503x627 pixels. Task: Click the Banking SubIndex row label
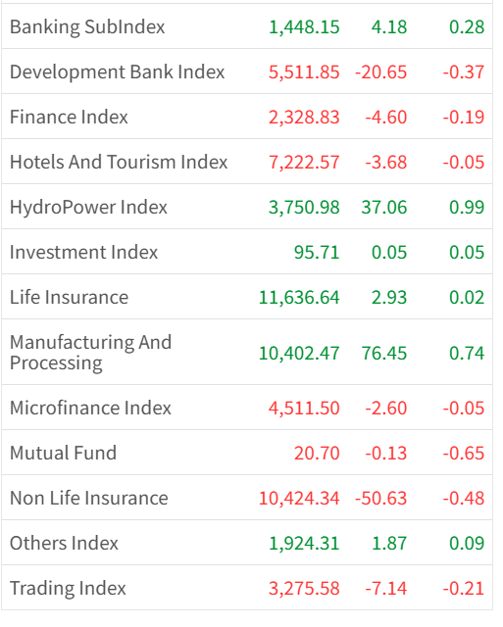[87, 27]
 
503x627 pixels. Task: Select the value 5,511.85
[304, 72]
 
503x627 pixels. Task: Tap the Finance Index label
[69, 118]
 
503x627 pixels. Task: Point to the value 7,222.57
[304, 163]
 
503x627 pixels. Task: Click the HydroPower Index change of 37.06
[383, 207]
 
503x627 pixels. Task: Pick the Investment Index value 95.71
[317, 253]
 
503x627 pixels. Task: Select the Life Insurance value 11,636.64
[299, 298]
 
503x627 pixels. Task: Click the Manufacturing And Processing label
[91, 353]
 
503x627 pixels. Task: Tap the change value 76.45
[383, 353]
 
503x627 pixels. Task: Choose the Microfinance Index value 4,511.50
[304, 409]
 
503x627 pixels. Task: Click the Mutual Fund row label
[63, 453]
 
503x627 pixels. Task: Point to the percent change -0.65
[464, 454]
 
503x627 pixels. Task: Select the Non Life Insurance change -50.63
[380, 499]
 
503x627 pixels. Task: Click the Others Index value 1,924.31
[304, 544]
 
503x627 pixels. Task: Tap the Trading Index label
[68, 589]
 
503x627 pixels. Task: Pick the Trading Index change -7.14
[385, 589]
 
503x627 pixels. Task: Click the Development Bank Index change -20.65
[380, 72]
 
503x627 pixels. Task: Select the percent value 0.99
[467, 207]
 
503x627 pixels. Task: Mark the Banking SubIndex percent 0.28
[467, 27]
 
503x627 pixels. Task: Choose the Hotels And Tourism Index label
[119, 163]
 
